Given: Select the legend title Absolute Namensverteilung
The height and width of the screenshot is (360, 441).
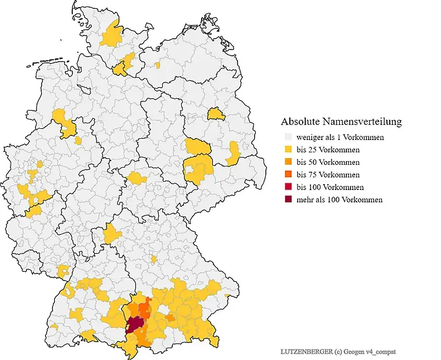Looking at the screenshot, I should pyautogui.click(x=341, y=122).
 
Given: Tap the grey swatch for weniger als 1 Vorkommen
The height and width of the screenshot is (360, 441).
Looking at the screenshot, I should pyautogui.click(x=288, y=138).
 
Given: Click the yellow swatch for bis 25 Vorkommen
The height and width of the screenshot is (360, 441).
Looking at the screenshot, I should pyautogui.click(x=288, y=150).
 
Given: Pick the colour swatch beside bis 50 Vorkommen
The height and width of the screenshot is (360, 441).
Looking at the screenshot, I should pyautogui.click(x=288, y=162).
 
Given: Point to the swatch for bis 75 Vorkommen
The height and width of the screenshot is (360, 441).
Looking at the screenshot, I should pyautogui.click(x=288, y=175).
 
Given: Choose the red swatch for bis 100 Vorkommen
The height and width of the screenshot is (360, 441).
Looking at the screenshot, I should pyautogui.click(x=288, y=187).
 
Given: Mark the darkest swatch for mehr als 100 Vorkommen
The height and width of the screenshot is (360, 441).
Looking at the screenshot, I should pyautogui.click(x=288, y=199).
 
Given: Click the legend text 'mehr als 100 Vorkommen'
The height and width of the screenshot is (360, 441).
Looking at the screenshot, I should pyautogui.click(x=339, y=199).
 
